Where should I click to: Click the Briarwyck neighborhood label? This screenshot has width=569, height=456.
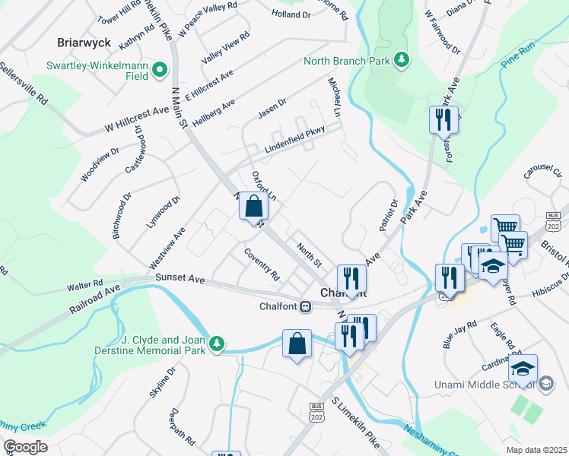pyautogui.click(x=84, y=42)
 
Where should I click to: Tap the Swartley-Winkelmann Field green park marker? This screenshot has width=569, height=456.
pyautogui.click(x=160, y=70)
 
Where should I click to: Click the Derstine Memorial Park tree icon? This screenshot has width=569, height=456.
pyautogui.click(x=218, y=344)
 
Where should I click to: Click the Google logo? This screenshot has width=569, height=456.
pyautogui.click(x=24, y=447)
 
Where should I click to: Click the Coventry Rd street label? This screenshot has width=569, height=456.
pyautogui.click(x=262, y=264)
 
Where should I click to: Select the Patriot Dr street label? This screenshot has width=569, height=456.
pyautogui.click(x=387, y=215)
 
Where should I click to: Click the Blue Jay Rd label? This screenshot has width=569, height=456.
pyautogui.click(x=460, y=334)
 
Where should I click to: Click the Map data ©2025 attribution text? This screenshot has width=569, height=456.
pyautogui.click(x=536, y=450)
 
